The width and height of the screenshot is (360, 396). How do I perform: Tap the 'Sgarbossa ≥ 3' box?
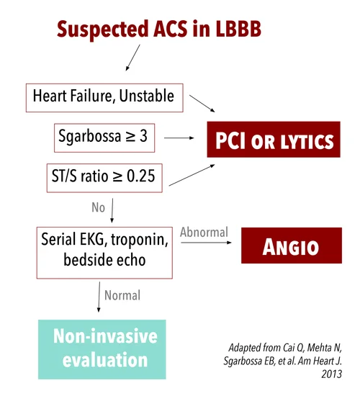[104, 135]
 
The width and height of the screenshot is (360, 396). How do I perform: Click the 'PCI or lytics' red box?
[271, 140]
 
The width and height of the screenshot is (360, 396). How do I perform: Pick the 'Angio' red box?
[291, 247]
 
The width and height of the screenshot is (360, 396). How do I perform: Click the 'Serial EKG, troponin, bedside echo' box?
[104, 251]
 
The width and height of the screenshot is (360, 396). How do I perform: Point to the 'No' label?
[98, 207]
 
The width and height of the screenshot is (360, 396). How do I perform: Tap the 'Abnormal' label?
[204, 233]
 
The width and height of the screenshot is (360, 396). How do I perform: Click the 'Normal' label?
[122, 295]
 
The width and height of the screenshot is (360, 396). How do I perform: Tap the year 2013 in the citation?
[333, 374]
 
